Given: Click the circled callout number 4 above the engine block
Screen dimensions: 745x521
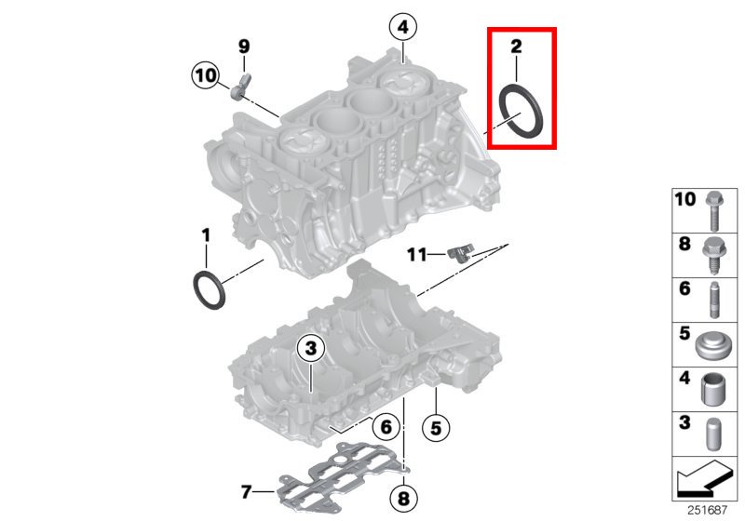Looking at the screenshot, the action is (x=403, y=27).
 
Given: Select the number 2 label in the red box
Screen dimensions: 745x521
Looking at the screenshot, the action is (x=516, y=47).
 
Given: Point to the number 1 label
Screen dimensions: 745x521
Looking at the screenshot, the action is (x=206, y=234).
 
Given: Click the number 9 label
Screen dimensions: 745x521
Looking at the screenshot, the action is (x=244, y=47).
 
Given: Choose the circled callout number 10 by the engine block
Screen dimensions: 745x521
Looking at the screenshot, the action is (x=206, y=75).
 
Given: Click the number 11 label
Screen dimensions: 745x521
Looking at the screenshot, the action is (x=416, y=255).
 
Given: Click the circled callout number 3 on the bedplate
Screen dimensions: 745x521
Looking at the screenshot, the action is (x=311, y=349).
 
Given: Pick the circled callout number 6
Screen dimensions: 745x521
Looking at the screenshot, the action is (x=386, y=427).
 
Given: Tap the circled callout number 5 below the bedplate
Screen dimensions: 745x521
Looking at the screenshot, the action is (x=436, y=429).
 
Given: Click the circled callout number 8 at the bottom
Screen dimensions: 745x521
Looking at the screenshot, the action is (x=403, y=499).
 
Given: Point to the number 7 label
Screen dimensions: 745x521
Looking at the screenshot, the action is (x=246, y=492).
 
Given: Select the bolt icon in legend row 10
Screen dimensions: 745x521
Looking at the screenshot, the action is (x=714, y=210).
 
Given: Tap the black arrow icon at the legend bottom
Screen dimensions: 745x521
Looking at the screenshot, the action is (x=703, y=477).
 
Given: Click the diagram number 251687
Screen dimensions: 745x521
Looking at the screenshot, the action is (x=707, y=510).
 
